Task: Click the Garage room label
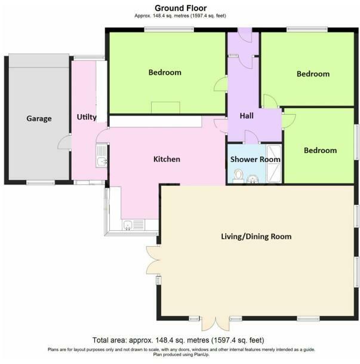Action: click(x=39, y=118)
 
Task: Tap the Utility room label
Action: click(x=87, y=117)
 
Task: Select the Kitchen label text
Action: click(x=167, y=159)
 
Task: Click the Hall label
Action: click(x=247, y=116)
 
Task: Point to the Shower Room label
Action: click(x=256, y=160)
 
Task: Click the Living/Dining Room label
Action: click(x=256, y=237)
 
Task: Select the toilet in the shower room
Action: click(x=238, y=175)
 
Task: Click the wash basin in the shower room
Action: click(x=253, y=177)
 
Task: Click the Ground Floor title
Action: click(x=180, y=8)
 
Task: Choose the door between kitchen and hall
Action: click(x=221, y=124)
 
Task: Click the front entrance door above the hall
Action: click(x=244, y=34)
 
